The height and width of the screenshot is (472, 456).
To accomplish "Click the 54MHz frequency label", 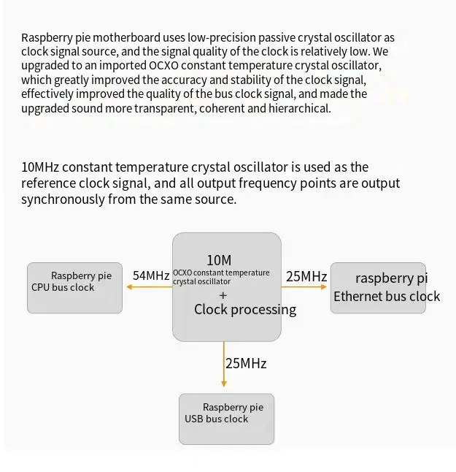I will pyautogui.click(x=151, y=275).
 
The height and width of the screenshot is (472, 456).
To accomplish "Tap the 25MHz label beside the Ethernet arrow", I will pyautogui.click(x=306, y=276).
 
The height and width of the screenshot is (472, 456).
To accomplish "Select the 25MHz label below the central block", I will pyautogui.click(x=245, y=363).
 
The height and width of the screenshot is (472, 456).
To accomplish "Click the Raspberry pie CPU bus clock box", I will pyautogui.click(x=74, y=288).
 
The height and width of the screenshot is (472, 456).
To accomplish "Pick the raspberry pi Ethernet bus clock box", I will pyautogui.click(x=378, y=288).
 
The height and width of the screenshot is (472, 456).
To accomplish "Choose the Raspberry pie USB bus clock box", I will pyautogui.click(x=226, y=419).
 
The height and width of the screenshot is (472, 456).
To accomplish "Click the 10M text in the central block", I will pyautogui.click(x=219, y=260).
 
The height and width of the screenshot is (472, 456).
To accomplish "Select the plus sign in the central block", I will pyautogui.click(x=223, y=295).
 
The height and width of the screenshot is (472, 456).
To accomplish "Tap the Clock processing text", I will pyautogui.click(x=245, y=309).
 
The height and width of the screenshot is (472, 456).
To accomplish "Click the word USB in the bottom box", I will pyautogui.click(x=194, y=419).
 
